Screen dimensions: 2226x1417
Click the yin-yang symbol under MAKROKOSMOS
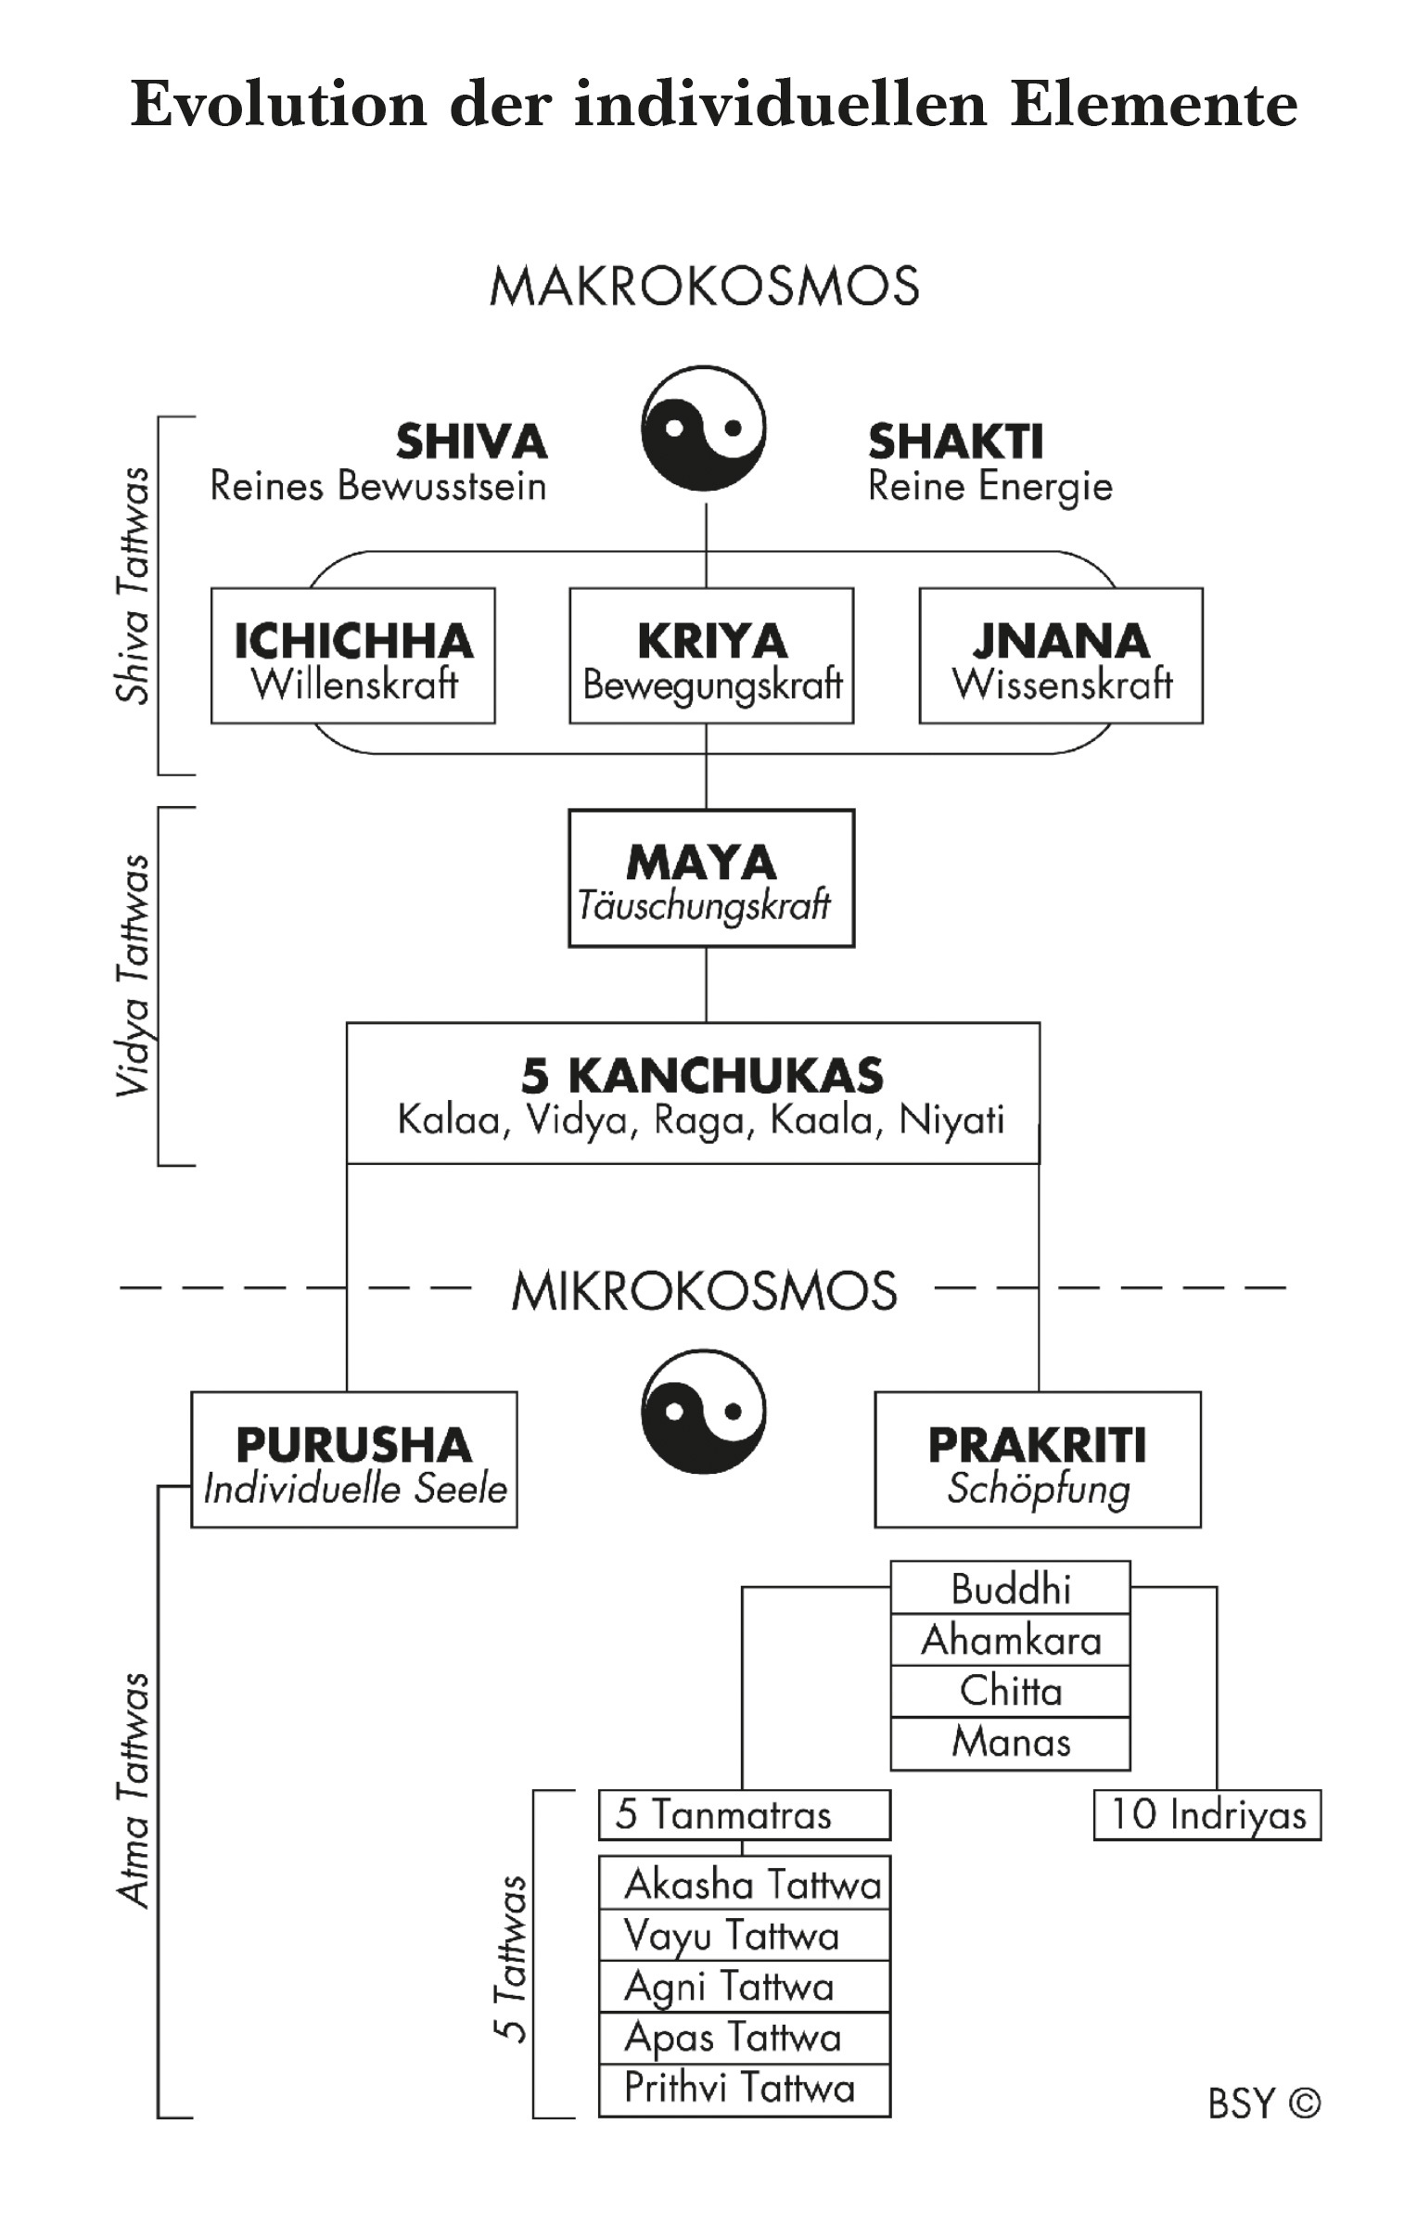704,429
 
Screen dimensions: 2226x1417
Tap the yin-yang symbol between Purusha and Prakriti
704,1412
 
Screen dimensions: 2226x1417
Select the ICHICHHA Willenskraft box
352,656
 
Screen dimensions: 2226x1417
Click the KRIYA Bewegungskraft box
711,656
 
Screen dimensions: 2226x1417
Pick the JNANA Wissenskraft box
1061,656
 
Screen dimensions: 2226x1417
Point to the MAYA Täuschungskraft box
711,878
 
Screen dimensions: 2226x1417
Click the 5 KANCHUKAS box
693,1094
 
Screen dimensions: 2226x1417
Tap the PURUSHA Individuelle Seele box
354,1460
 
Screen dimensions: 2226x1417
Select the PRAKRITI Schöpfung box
1038,1460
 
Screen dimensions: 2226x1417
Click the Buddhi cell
1011,1589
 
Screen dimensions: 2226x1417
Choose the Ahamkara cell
1011,1640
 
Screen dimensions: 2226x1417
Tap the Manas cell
1011,1743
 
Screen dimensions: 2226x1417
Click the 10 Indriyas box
1207,1815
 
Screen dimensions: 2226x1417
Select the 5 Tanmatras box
744,1815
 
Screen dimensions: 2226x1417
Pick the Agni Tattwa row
744,1986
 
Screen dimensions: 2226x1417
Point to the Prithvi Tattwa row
744,2089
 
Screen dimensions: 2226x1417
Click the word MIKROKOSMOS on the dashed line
704,1290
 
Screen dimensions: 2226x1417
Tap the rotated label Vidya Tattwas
133,976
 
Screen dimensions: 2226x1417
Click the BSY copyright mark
1264,2103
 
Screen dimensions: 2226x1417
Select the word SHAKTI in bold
955,441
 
